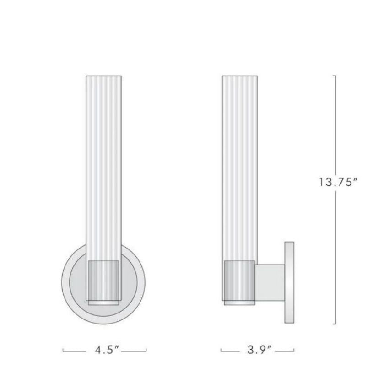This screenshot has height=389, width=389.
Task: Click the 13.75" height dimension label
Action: click(338, 182)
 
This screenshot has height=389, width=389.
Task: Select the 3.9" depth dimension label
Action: click(258, 351)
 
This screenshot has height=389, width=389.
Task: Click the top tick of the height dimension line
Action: click(335, 76)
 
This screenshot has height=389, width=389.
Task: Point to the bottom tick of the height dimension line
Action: click(335, 324)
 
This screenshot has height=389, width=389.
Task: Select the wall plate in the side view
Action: click(289, 282)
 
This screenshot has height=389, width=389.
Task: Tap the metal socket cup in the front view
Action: click(104, 279)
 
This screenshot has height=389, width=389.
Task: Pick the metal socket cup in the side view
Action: click(239, 280)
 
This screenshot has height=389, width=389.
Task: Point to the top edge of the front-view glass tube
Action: click(104, 76)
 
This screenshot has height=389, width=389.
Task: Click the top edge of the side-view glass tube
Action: click(239, 76)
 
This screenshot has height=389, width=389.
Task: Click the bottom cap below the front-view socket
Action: click(104, 303)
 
